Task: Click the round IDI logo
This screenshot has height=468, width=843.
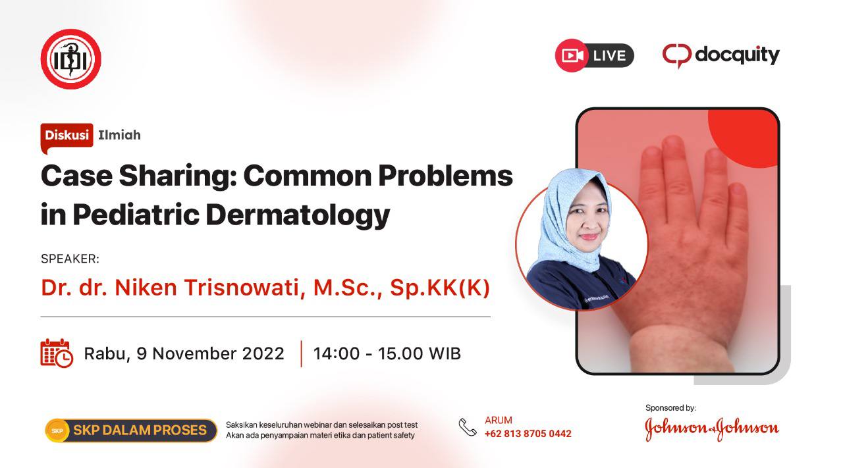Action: pos(70,59)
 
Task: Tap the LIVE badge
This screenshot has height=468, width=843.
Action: pos(595,56)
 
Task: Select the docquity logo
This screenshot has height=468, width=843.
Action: pos(721,56)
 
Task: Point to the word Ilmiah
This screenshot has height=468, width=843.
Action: pos(119,135)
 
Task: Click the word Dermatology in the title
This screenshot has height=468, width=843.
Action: pos(298,215)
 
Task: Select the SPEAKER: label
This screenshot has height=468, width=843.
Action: pos(70,259)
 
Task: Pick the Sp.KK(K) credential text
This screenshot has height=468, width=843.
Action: pos(439,288)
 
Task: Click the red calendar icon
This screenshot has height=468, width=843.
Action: pos(57,353)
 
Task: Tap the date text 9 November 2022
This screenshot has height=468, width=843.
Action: pos(210,353)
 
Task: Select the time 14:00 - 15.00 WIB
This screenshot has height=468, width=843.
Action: pos(387,353)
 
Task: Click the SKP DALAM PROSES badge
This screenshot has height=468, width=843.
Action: pos(131,430)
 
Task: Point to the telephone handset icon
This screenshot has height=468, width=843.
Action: pos(468,427)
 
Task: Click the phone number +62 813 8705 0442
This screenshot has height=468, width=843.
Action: pos(528,434)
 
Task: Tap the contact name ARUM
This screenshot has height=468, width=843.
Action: pos(499,420)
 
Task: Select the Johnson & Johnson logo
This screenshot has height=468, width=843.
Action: pos(712,429)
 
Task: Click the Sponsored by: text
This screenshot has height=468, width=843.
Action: pos(670,408)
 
